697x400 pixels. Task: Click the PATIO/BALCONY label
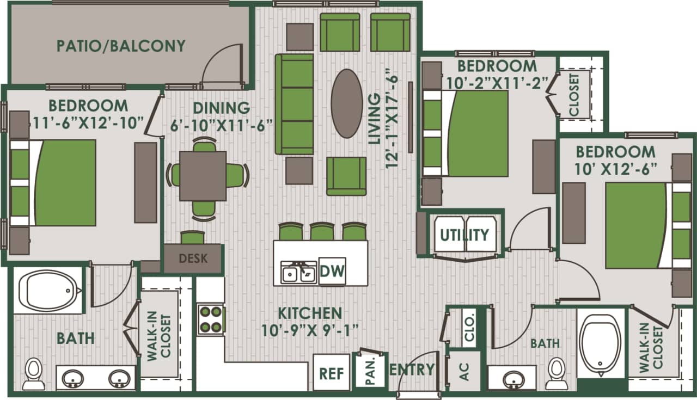point(121,46)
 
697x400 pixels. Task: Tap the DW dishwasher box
point(332,270)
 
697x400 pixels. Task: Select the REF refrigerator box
point(331,373)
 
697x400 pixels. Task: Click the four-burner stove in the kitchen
point(211,319)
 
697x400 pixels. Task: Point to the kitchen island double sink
point(298,272)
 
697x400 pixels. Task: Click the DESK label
point(193,258)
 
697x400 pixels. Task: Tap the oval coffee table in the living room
point(347,103)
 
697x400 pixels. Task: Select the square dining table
point(203,176)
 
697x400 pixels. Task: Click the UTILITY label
point(464,235)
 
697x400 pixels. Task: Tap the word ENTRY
point(412,370)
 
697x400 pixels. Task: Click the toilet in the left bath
point(34,374)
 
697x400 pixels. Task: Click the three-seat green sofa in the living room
point(295,103)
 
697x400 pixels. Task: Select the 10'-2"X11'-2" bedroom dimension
point(497,83)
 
